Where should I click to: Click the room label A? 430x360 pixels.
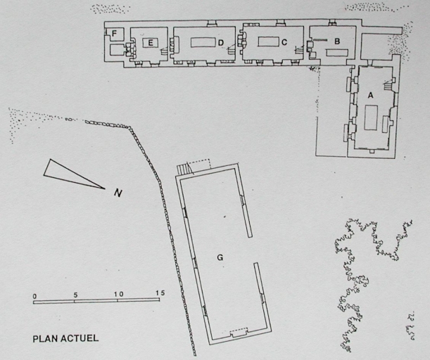370,96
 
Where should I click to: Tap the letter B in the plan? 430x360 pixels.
337,41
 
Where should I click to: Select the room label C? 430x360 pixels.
284,42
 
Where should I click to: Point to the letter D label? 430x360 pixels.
221,43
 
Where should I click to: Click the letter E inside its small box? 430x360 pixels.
151,42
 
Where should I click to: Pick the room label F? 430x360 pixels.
114,34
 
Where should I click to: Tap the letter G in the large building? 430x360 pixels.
220,257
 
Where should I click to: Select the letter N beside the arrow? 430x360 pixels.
118,193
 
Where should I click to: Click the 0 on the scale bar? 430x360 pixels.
34,296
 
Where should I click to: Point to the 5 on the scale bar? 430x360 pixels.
75,295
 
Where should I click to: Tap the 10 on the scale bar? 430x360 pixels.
119,294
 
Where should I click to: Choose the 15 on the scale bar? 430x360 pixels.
160,293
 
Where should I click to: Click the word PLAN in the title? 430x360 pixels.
45,339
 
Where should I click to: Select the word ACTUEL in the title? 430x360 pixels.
80,338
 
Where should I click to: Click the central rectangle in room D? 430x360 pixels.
203,42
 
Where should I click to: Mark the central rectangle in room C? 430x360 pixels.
268,41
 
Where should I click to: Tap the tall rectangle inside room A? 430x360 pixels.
371,117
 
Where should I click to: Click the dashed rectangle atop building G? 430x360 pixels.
199,165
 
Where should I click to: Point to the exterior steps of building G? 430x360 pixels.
183,169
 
